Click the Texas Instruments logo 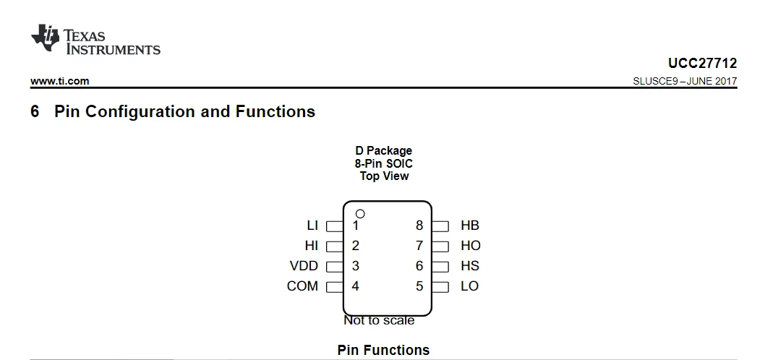(95, 41)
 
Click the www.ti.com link (60, 82)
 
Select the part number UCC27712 (703, 64)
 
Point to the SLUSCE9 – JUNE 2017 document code (685, 82)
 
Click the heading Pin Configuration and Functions (184, 112)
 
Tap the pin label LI (312, 226)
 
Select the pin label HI (311, 246)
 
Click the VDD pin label (304, 266)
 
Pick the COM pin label (302, 286)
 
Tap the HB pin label (470, 226)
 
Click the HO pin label (470, 246)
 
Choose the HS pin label (470, 266)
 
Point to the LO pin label (469, 286)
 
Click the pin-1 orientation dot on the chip (360, 214)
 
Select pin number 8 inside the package (419, 226)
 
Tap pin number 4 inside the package (355, 286)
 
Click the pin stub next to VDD (334, 267)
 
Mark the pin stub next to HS (440, 267)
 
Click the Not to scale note (379, 320)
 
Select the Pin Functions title (383, 351)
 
